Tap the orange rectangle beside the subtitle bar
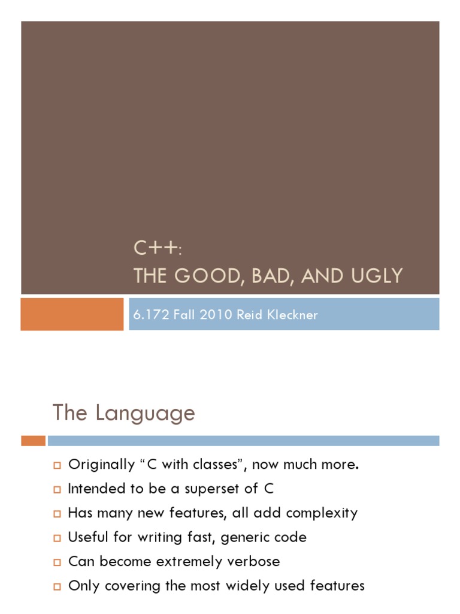point(72,314)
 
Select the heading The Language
point(123,413)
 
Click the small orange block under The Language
point(33,441)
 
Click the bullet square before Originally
point(57,465)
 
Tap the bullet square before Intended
point(57,489)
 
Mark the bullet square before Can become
point(57,562)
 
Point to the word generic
point(246,538)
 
